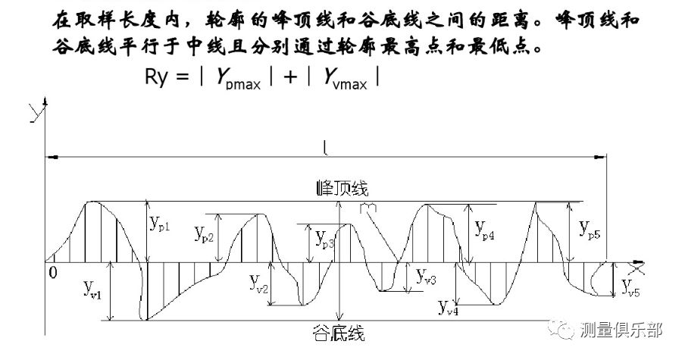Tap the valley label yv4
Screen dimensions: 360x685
click(448, 306)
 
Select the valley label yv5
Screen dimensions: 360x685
click(631, 286)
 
